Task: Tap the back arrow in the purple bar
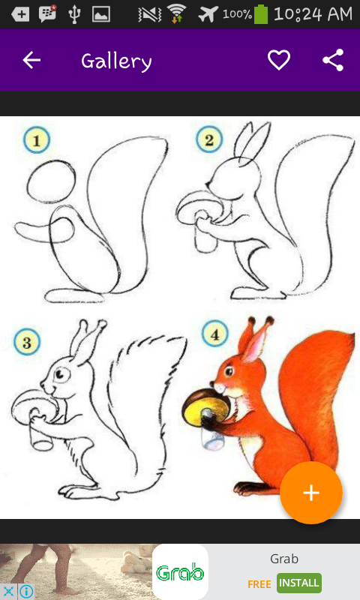[x=31, y=60]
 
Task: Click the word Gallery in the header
[x=116, y=61]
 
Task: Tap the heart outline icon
[x=278, y=60]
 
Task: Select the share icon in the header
[x=333, y=60]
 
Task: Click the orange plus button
[x=311, y=493]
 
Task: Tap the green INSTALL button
[x=298, y=583]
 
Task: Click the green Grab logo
[x=180, y=572]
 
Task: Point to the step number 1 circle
[x=37, y=140]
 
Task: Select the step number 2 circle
[x=209, y=139]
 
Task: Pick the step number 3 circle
[x=27, y=342]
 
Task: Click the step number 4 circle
[x=215, y=333]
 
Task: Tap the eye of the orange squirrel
[x=229, y=370]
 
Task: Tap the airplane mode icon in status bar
[x=208, y=14]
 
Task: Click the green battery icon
[x=261, y=14]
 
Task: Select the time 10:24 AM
[x=313, y=14]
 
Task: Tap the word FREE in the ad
[x=259, y=584]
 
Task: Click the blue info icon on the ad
[x=26, y=592]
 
